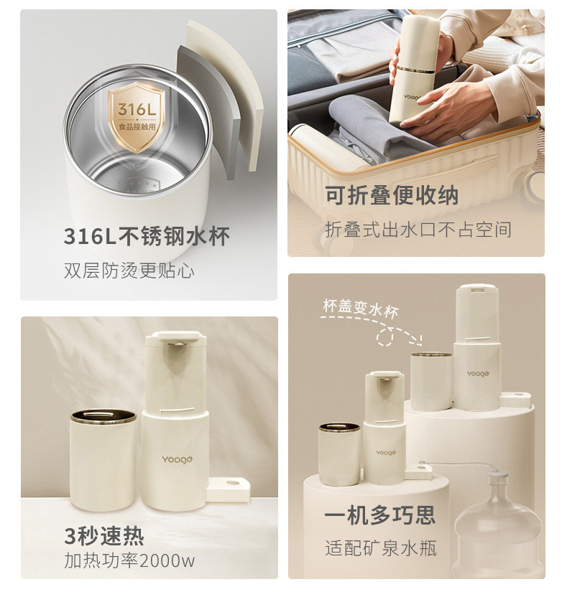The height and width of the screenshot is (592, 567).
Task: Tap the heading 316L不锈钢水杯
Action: (147, 236)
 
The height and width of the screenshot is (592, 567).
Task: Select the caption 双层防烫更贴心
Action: (129, 271)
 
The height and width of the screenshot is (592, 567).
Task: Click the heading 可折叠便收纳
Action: (391, 195)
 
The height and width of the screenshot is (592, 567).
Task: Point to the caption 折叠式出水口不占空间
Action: (418, 229)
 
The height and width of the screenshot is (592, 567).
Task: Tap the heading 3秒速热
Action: (103, 535)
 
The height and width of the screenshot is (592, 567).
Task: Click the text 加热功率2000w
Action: (129, 560)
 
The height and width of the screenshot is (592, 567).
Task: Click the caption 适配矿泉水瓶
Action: (380, 549)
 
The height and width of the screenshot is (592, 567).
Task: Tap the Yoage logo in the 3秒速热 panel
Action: (176, 459)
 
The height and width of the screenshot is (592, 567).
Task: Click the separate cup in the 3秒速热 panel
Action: (103, 459)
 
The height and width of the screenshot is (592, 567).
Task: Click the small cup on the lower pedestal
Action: (340, 454)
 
